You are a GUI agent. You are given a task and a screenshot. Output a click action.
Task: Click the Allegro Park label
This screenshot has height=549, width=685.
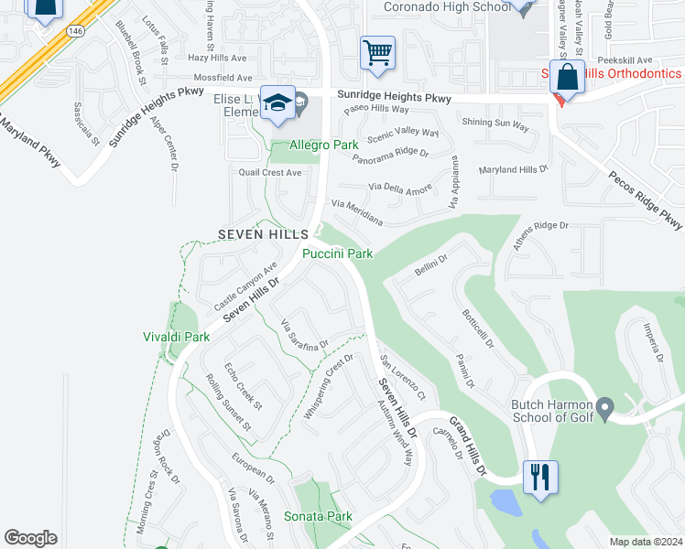323,145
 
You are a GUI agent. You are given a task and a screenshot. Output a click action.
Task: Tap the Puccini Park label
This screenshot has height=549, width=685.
338,253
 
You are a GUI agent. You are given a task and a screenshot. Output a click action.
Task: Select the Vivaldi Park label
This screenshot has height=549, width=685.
176,337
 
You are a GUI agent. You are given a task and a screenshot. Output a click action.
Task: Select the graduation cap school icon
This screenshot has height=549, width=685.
277,103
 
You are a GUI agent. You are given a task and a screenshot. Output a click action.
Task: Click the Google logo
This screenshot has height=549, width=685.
30,538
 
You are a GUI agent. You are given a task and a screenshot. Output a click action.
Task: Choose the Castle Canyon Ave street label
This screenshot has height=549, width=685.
245,286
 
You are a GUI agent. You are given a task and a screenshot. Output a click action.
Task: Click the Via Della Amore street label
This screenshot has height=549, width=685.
399,188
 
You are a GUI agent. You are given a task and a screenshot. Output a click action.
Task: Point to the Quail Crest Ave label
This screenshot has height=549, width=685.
269,172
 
